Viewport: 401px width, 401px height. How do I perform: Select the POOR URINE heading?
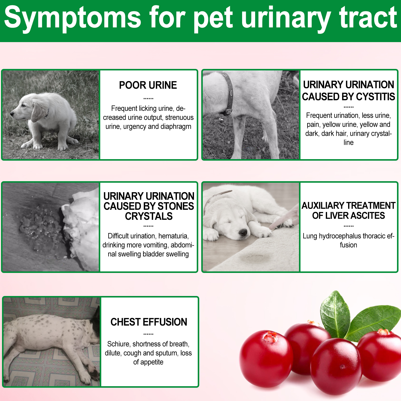point(148,85)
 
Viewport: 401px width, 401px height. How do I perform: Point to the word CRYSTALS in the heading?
point(149,216)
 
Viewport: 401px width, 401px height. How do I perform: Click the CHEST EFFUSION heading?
point(149,322)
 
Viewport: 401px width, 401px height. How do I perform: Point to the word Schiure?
point(119,344)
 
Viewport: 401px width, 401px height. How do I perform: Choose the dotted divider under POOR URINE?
point(148,99)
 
